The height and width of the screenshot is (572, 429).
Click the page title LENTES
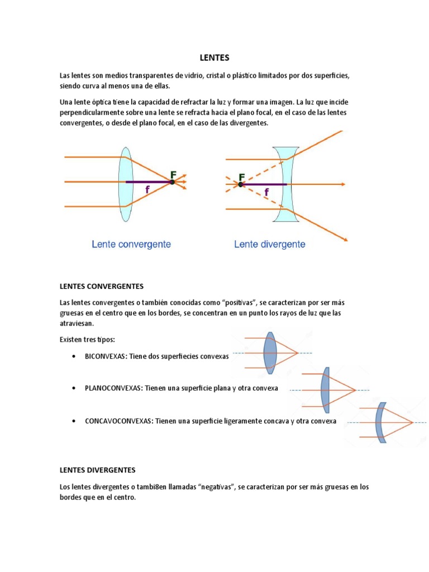click(x=214, y=58)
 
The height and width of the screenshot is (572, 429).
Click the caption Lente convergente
click(x=131, y=244)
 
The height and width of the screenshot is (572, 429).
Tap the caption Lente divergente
click(x=270, y=244)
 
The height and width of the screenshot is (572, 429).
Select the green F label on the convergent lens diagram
click(x=173, y=174)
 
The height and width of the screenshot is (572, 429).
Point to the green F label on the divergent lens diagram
click(x=242, y=177)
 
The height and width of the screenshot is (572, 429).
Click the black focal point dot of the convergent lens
click(x=172, y=182)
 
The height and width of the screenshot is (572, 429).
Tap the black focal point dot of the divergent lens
click(x=241, y=184)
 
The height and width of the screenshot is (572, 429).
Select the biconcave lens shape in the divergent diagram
click(x=285, y=184)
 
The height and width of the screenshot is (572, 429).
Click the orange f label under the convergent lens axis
click(x=147, y=190)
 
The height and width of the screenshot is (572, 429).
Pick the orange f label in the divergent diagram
click(x=266, y=192)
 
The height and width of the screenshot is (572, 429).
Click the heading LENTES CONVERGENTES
click(x=102, y=287)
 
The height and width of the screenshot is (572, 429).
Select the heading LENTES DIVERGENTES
click(x=98, y=470)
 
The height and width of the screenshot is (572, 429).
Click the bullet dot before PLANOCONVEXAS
click(x=74, y=388)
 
